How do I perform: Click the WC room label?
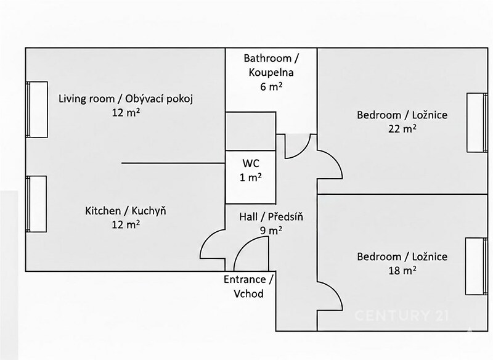coord(251,163)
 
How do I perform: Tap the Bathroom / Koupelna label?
coord(271,65)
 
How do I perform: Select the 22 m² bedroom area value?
coord(402,129)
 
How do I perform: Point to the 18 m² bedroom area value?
coord(402,271)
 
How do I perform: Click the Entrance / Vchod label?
coord(248,287)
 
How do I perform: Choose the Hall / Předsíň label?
coord(271,216)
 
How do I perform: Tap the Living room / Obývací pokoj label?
coord(126,99)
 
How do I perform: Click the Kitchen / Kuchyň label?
coord(126,211)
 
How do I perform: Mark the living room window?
coord(37,109)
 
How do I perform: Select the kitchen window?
coord(36,204)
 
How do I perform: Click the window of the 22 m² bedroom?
coord(477,123)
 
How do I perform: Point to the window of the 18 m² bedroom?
coord(476,266)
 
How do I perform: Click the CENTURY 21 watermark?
coord(402,316)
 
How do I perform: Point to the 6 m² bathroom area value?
coord(271,86)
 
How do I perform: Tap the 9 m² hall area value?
coord(271,231)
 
